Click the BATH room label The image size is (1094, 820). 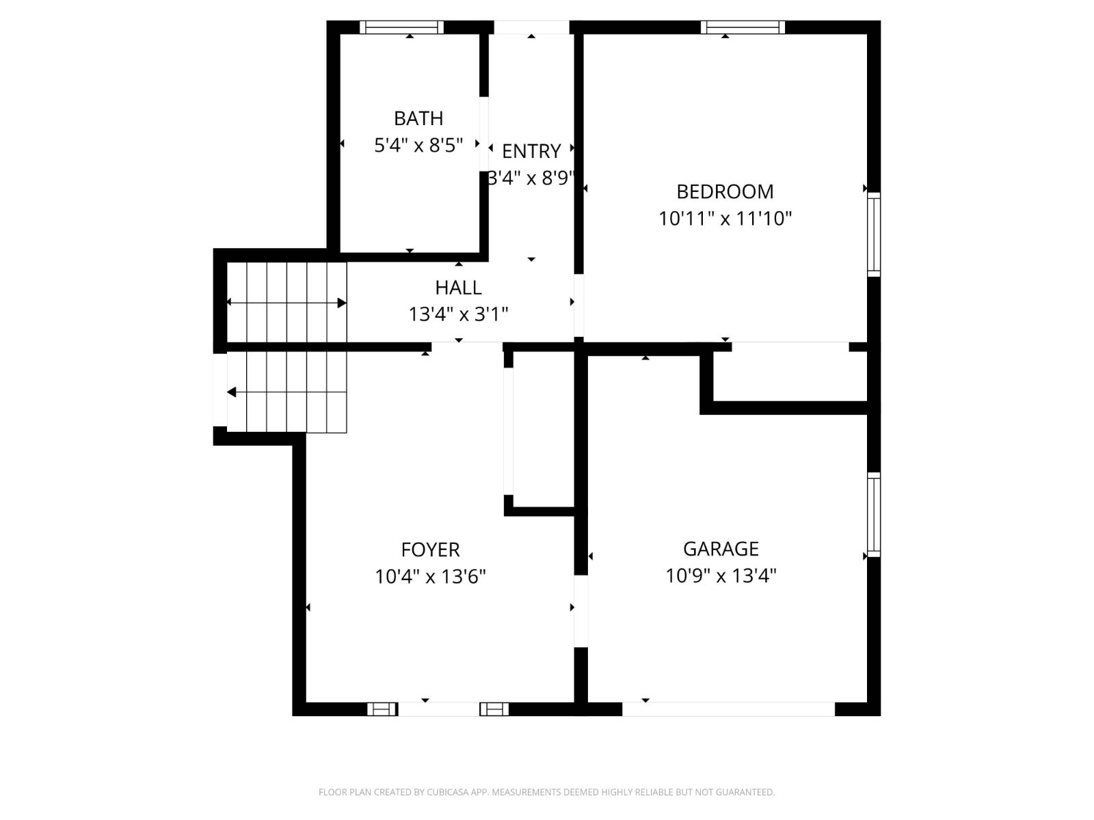tap(418, 118)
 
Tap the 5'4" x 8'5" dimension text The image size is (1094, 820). tap(418, 145)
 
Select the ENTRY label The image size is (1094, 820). tap(531, 150)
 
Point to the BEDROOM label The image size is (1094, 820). tap(725, 191)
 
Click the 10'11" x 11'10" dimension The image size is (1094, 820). tap(725, 219)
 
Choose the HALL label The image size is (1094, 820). tap(458, 287)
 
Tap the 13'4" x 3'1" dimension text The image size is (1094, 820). tap(458, 314)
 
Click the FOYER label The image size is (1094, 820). tap(430, 549)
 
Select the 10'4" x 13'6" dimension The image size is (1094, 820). tap(430, 577)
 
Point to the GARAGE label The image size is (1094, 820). tap(721, 549)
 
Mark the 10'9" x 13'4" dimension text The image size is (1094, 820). tap(721, 575)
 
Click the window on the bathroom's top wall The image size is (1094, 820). tap(401, 27)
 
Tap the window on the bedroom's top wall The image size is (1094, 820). tap(743, 27)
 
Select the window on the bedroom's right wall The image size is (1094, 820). tap(874, 234)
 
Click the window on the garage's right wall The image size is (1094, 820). tap(874, 514)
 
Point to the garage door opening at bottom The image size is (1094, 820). tap(728, 709)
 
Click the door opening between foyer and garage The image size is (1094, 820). tap(581, 611)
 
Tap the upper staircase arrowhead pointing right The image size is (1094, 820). tap(342, 303)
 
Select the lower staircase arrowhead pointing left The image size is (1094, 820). tap(232, 392)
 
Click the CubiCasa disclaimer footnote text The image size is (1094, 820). tap(546, 792)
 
